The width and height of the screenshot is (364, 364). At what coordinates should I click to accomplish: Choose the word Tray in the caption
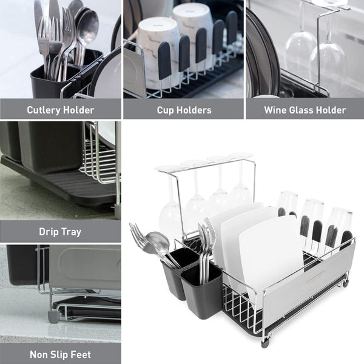coord(72,232)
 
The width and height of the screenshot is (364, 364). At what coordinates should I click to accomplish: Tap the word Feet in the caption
coord(81,354)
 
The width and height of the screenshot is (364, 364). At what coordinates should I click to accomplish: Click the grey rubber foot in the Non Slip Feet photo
coord(53,317)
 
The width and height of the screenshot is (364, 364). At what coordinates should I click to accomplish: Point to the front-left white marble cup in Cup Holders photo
coord(158,53)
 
